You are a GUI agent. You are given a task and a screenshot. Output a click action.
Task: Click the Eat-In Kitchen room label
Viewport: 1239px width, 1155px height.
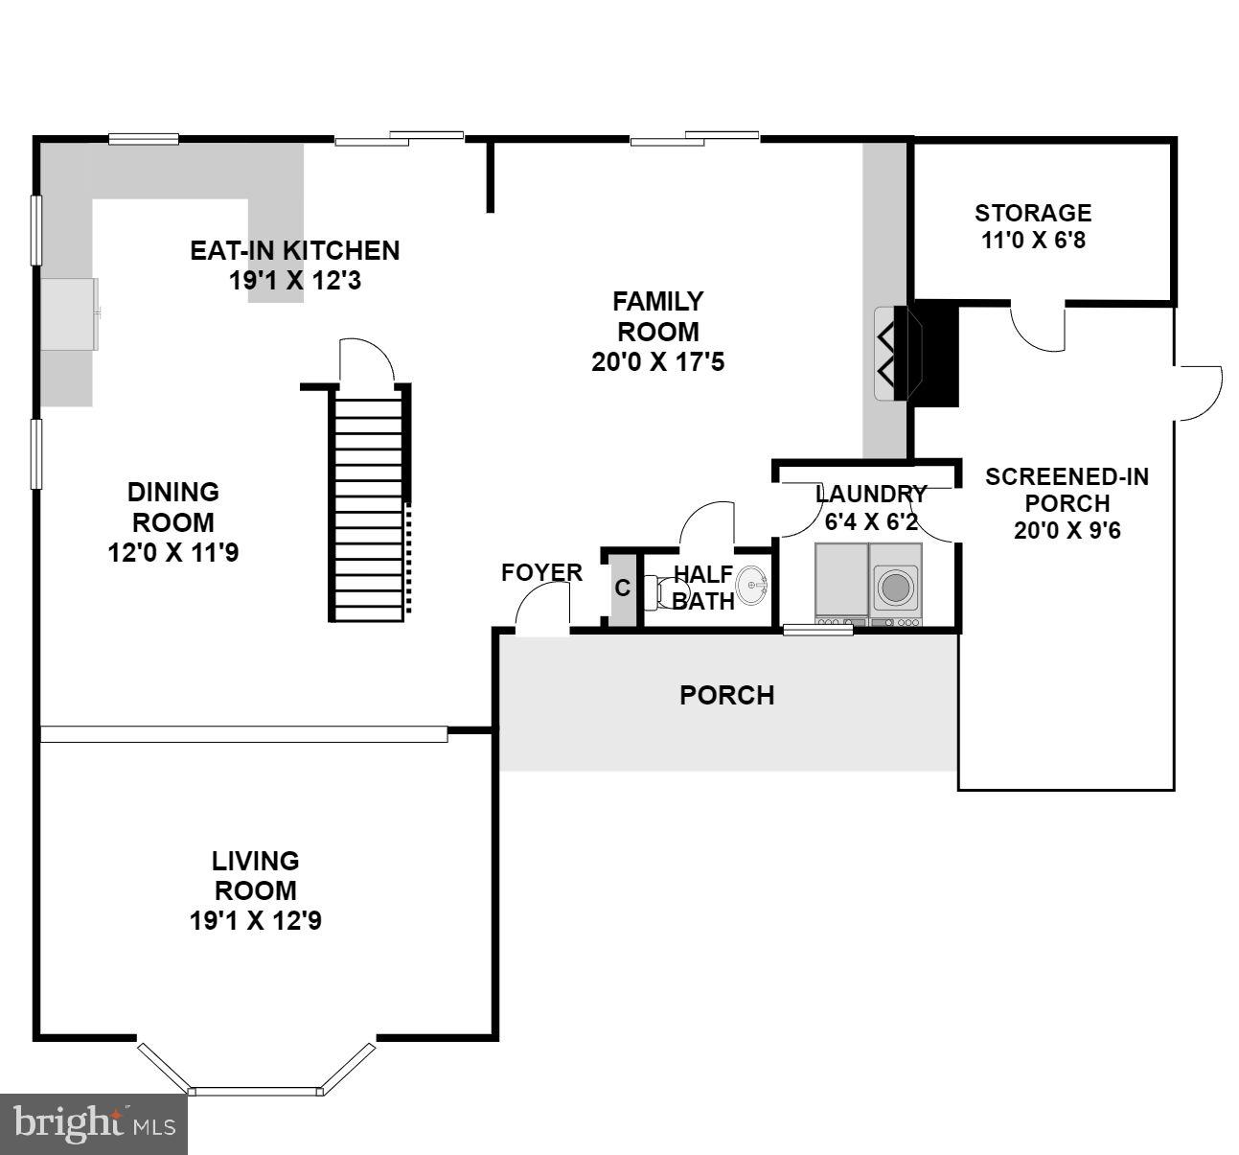point(294,250)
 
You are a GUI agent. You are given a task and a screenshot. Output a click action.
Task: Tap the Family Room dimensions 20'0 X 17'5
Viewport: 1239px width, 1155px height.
point(657,363)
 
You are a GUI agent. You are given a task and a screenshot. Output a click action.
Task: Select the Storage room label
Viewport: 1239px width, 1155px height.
point(1033,213)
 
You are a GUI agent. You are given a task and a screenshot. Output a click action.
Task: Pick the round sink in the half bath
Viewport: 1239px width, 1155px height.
point(752,585)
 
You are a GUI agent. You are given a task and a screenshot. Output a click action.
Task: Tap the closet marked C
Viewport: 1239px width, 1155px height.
point(623,589)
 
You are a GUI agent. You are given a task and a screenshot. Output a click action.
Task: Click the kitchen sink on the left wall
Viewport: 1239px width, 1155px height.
point(69,313)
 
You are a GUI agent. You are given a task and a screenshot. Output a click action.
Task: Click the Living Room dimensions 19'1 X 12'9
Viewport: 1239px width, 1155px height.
point(255,921)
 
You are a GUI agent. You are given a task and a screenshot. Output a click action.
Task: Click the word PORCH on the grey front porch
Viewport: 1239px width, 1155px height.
point(726,696)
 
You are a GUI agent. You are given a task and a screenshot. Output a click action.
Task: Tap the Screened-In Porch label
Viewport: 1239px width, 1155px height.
point(1067,490)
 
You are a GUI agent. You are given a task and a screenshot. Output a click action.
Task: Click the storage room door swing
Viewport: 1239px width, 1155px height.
point(1038,327)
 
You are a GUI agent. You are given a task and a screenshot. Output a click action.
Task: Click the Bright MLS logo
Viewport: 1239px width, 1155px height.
point(94,1123)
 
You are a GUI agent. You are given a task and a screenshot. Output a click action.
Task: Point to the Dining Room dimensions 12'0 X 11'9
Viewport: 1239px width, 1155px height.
point(173,553)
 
